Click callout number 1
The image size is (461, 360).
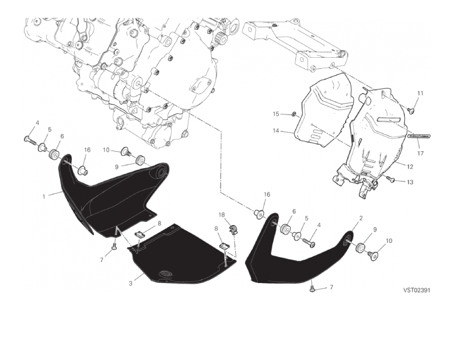(x=44, y=197)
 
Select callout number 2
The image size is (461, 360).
(x=361, y=218)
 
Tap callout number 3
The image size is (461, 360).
(x=131, y=284)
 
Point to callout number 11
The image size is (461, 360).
(x=420, y=93)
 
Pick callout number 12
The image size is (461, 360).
(x=410, y=167)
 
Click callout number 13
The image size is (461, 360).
(x=410, y=182)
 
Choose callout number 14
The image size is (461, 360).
(x=276, y=131)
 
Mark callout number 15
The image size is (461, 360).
(x=276, y=114)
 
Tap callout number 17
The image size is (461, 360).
(x=420, y=153)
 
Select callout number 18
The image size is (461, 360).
(x=222, y=215)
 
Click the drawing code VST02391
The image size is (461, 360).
(x=417, y=291)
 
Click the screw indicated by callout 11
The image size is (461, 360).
(x=410, y=110)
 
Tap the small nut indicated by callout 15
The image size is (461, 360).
(x=294, y=114)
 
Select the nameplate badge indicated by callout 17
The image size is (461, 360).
(x=418, y=136)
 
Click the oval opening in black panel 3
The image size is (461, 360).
(x=165, y=274)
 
